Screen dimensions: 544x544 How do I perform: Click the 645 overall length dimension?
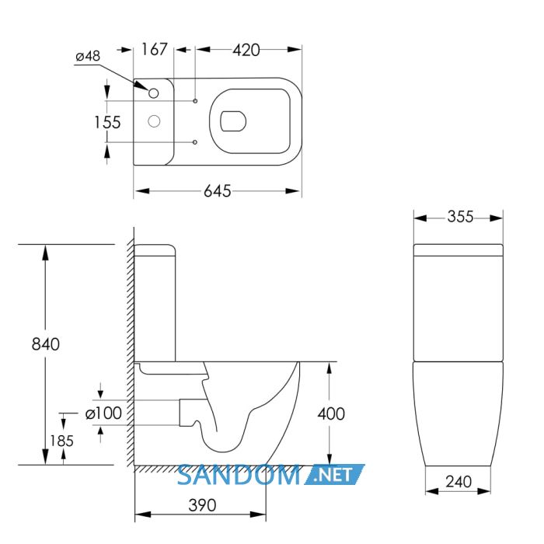tap(217, 191)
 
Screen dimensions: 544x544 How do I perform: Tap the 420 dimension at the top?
tap(246, 50)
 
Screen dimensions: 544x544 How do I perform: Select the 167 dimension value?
tap(155, 49)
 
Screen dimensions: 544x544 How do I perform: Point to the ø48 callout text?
tap(88, 56)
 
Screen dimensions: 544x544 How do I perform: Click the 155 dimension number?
tap(107, 122)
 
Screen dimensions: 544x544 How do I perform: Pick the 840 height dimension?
tap(45, 343)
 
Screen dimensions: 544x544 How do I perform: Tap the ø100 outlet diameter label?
tap(103, 413)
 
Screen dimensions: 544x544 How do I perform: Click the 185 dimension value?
tap(61, 441)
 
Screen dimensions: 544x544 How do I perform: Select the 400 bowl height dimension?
tap(331, 413)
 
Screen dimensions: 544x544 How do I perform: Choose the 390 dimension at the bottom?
tap(202, 505)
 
